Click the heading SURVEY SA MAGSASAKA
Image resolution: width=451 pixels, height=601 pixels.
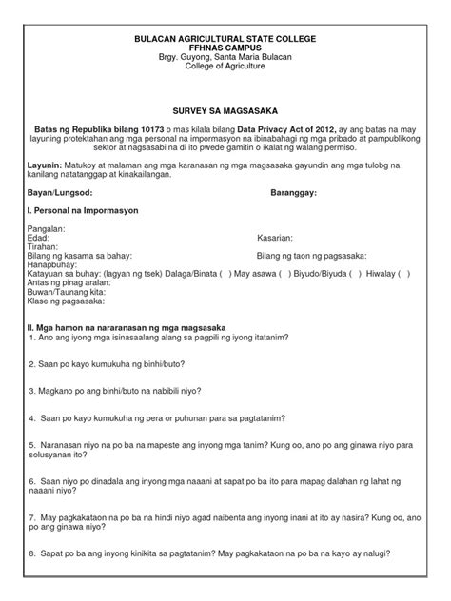(x=225, y=111)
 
